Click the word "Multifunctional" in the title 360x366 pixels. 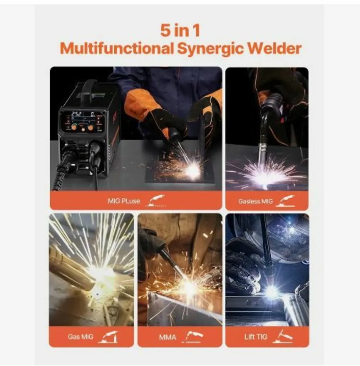pyautogui.click(x=116, y=48)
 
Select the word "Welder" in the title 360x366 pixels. pyautogui.click(x=274, y=48)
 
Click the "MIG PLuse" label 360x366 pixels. pyautogui.click(x=124, y=201)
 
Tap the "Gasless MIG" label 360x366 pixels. pyautogui.click(x=255, y=201)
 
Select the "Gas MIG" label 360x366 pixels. pyautogui.click(x=80, y=337)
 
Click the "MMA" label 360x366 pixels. pyautogui.click(x=168, y=337)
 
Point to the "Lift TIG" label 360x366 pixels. pyautogui.click(x=256, y=337)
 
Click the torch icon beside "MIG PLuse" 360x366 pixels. pyautogui.click(x=156, y=201)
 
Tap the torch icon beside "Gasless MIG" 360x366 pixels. pyautogui.click(x=287, y=201)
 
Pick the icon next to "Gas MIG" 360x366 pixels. pyautogui.click(x=108, y=337)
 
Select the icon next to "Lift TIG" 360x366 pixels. pyautogui.click(x=283, y=337)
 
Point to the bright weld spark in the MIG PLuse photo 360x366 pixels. pyautogui.click(x=192, y=171)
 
